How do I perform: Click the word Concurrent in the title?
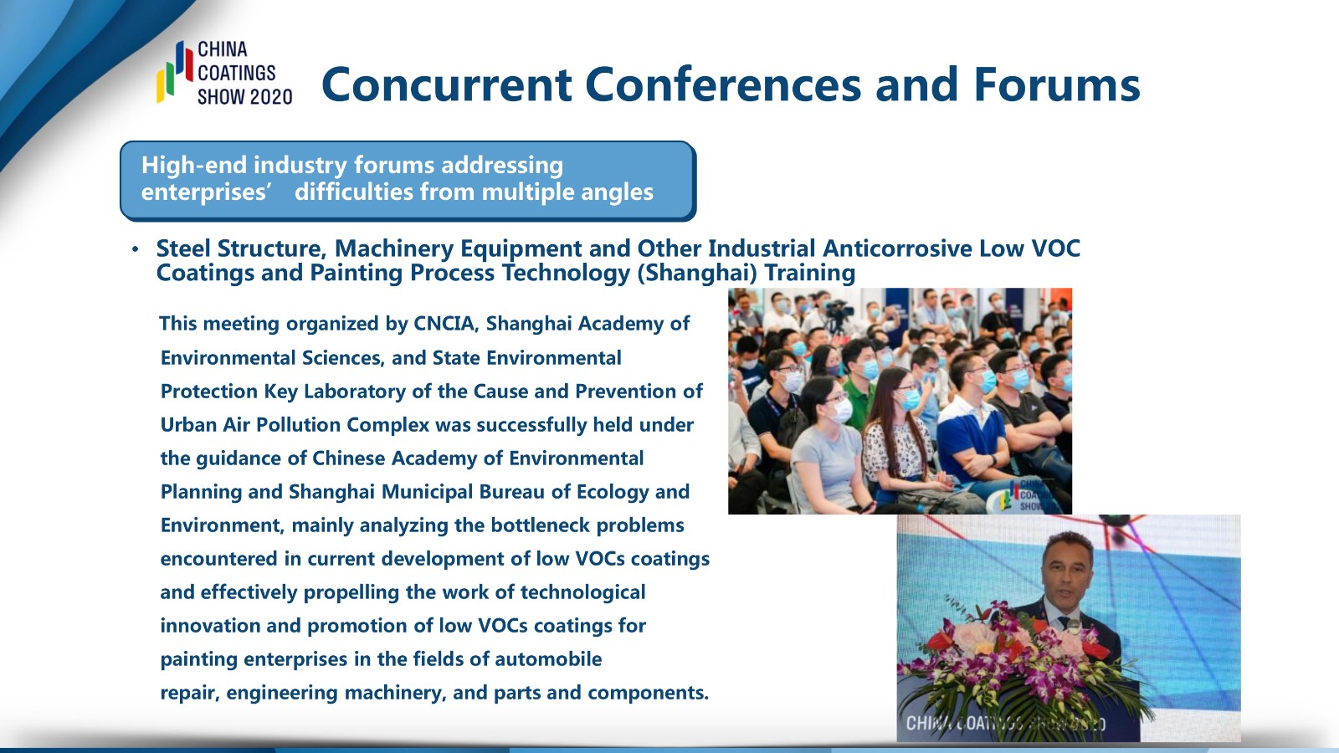[446, 85]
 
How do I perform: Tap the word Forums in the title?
[1057, 85]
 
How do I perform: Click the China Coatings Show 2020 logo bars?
[175, 72]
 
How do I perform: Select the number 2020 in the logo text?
[269, 96]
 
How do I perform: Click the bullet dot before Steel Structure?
[136, 248]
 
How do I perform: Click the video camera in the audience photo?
[838, 315]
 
